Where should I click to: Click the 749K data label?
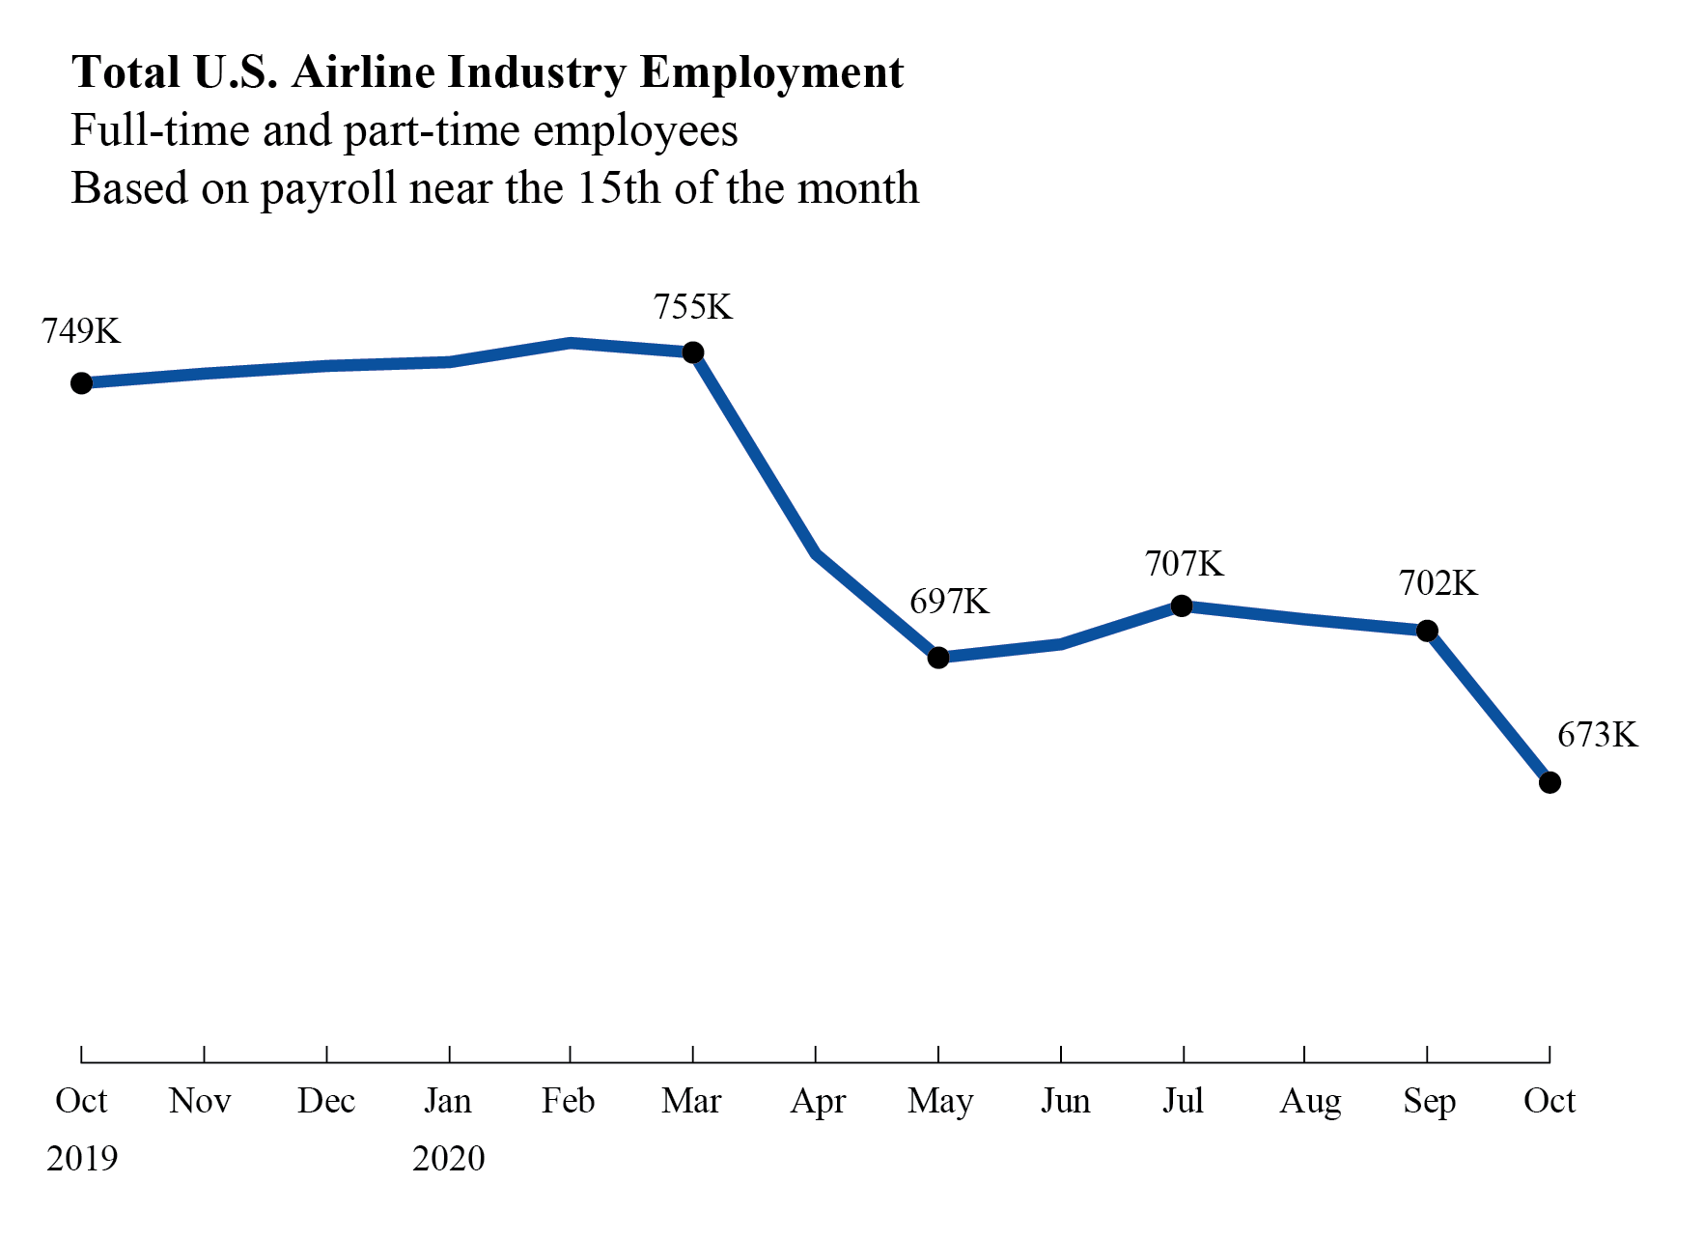(x=81, y=331)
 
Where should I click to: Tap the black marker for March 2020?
(x=693, y=352)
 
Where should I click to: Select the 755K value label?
(x=693, y=307)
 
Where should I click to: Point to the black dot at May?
(x=938, y=658)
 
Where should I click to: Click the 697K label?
(x=950, y=602)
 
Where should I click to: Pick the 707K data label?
(x=1185, y=563)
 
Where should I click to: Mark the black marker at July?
(x=1182, y=605)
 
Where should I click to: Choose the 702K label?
(x=1438, y=583)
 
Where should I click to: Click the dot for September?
(x=1427, y=631)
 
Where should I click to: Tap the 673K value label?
(x=1598, y=735)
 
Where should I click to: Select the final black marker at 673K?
(x=1549, y=782)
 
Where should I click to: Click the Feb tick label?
(x=569, y=1101)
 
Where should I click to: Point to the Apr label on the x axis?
(x=818, y=1102)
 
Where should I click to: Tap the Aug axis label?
(x=1310, y=1102)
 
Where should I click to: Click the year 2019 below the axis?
(x=82, y=1158)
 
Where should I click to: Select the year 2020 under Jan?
(x=449, y=1158)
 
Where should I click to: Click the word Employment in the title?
(x=771, y=73)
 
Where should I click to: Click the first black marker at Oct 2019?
(x=82, y=383)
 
